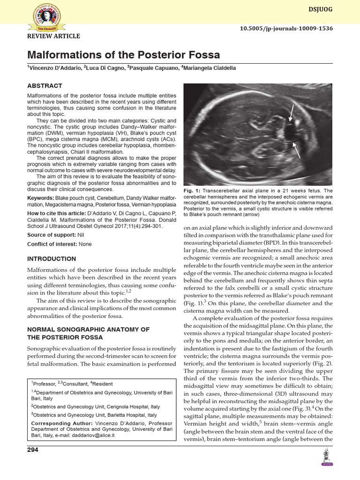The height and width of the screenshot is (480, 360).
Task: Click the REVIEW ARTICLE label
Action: [54, 37]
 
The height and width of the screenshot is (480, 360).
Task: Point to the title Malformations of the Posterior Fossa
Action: [123, 55]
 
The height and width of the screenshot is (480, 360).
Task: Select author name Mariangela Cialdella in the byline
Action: [212, 68]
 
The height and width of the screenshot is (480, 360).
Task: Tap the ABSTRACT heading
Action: [45, 86]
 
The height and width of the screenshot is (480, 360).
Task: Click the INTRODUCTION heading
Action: [52, 259]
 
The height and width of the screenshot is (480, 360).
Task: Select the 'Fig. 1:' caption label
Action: [192, 191]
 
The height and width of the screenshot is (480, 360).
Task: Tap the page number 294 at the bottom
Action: [32, 450]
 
